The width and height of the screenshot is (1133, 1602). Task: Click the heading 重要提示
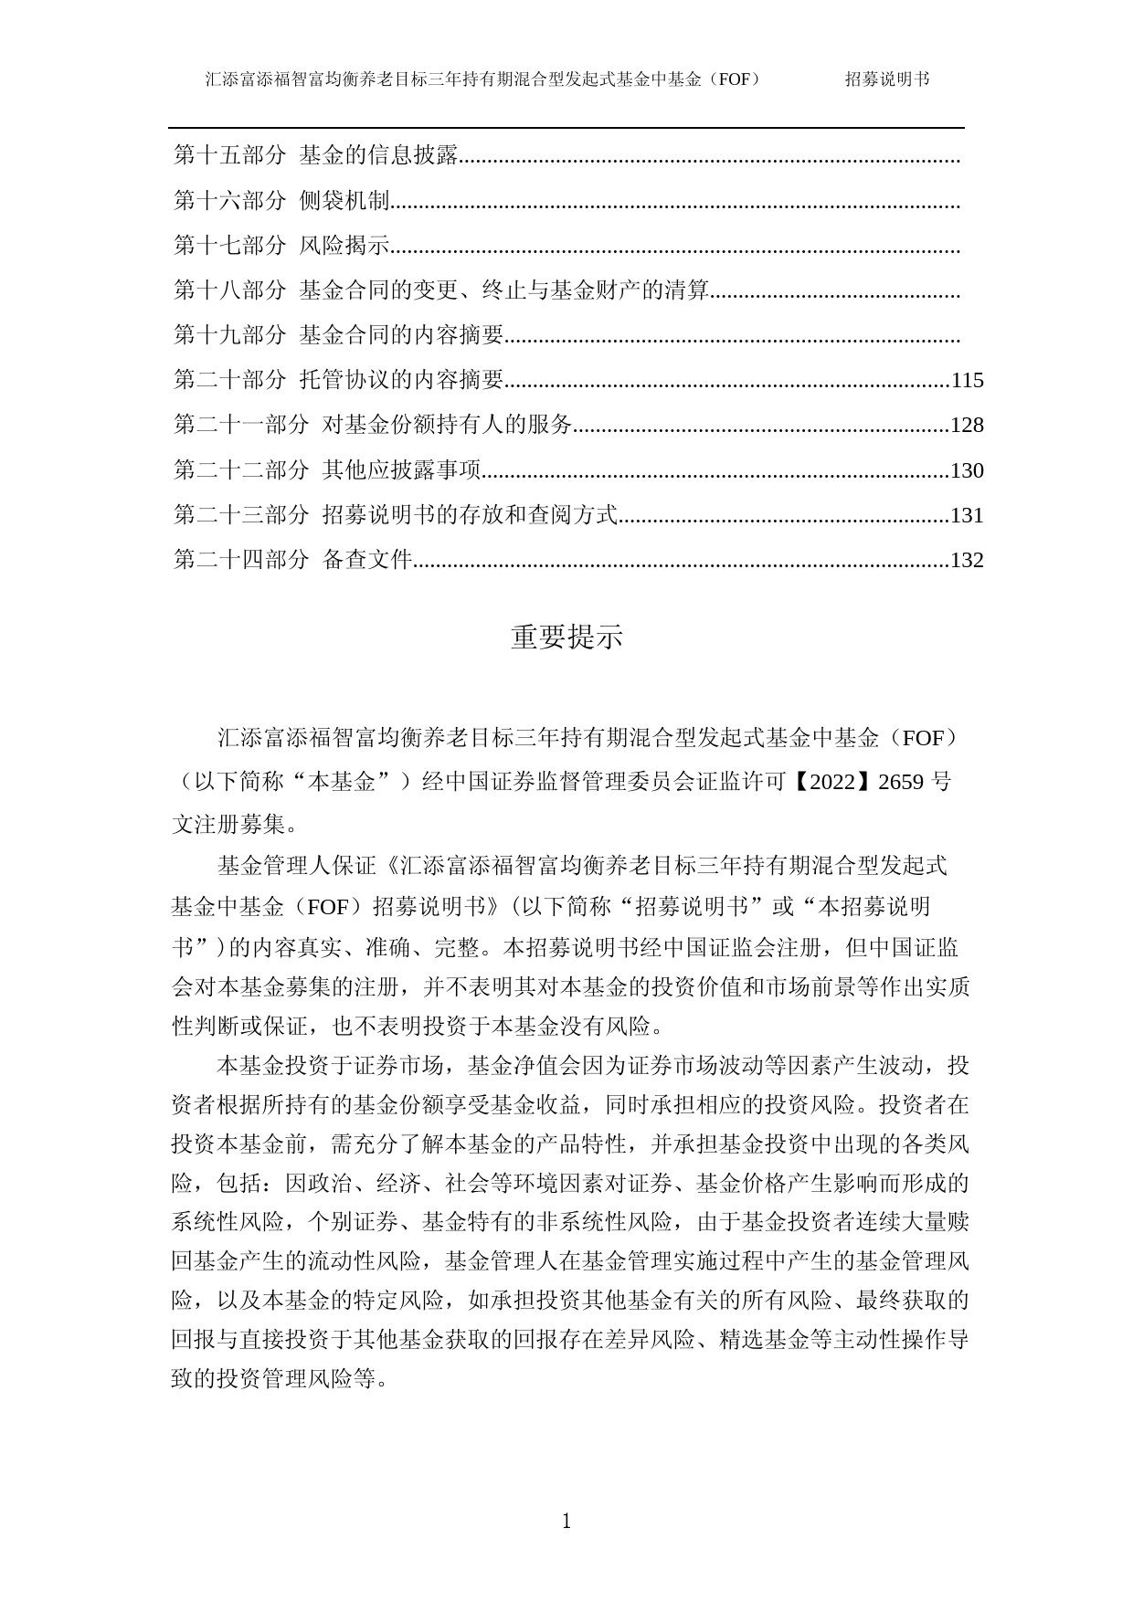(566, 638)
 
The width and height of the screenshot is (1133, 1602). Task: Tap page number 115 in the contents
(967, 381)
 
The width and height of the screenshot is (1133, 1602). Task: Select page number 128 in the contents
(967, 426)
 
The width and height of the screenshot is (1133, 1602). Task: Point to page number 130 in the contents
(967, 471)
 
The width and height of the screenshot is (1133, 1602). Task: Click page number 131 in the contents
(967, 516)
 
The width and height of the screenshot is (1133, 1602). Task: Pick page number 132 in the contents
(967, 561)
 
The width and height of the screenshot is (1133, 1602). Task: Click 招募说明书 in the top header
(886, 79)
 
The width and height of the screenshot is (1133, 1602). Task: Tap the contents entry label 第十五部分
(230, 155)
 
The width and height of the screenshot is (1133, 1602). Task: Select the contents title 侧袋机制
(344, 201)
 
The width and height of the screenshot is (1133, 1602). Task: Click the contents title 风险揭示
(344, 246)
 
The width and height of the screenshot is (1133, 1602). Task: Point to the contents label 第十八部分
(230, 290)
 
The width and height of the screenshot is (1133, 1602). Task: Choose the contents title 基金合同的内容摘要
(402, 335)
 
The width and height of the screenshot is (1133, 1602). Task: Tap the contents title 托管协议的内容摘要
(402, 380)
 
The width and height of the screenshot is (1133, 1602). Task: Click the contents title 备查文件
(367, 560)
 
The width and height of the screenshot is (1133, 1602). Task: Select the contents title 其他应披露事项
(402, 470)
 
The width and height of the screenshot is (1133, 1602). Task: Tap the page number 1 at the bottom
(566, 1522)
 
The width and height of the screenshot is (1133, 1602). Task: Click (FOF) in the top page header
(738, 79)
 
